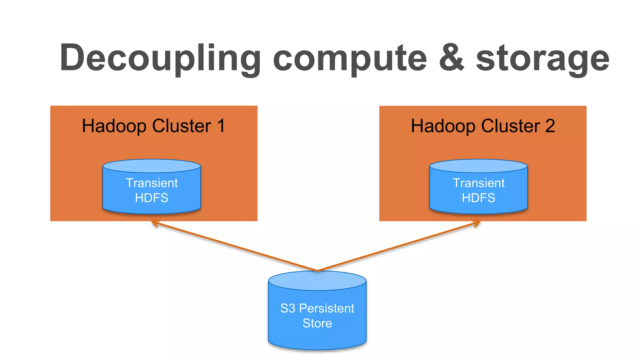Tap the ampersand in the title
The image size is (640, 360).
pos(452,58)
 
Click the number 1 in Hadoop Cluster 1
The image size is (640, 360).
pos(221,126)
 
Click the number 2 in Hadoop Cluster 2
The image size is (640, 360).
pos(550,126)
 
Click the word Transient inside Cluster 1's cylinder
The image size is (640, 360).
pos(152,183)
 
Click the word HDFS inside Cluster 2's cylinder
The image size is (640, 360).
pos(478,198)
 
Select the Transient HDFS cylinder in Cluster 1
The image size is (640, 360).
pos(152,187)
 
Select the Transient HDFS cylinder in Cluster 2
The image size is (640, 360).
pos(478,187)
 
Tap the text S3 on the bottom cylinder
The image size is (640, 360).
pos(288,308)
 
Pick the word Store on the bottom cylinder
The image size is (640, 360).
pos(317,323)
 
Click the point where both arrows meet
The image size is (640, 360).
pos(317,270)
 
